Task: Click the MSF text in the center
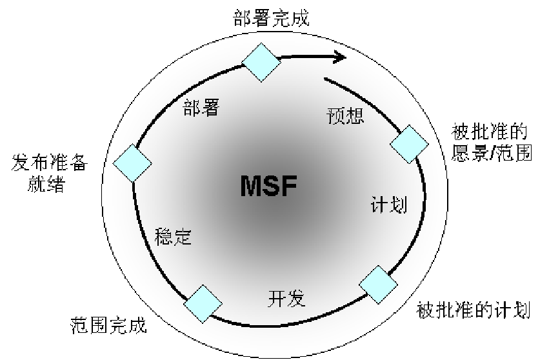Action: [x=268, y=186]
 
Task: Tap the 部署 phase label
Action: [x=201, y=108]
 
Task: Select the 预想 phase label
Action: [x=346, y=115]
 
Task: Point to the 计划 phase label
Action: [x=389, y=205]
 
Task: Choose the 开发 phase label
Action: [x=286, y=299]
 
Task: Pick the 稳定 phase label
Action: [x=174, y=237]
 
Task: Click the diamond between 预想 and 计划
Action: [x=410, y=144]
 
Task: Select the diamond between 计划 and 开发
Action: [x=378, y=284]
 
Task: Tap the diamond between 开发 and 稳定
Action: [x=203, y=304]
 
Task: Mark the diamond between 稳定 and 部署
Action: [x=132, y=163]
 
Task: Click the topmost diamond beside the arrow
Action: [x=261, y=62]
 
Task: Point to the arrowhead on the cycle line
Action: [x=340, y=57]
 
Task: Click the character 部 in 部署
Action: [x=192, y=108]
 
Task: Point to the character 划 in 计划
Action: [x=399, y=205]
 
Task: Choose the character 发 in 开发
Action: [x=295, y=299]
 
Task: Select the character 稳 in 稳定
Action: [x=165, y=237]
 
